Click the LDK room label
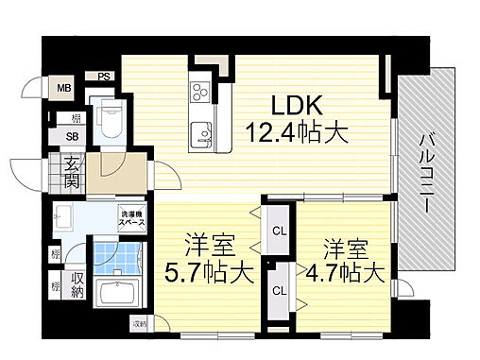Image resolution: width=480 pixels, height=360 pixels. (299, 103)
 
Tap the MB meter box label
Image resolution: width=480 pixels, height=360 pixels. (64, 89)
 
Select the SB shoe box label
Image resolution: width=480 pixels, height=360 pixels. (73, 138)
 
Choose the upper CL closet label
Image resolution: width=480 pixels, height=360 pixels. (279, 230)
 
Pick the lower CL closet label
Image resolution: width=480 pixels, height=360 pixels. (279, 290)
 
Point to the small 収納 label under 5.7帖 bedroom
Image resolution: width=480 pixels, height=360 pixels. (140, 326)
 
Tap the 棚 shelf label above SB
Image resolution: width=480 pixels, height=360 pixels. (73, 119)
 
